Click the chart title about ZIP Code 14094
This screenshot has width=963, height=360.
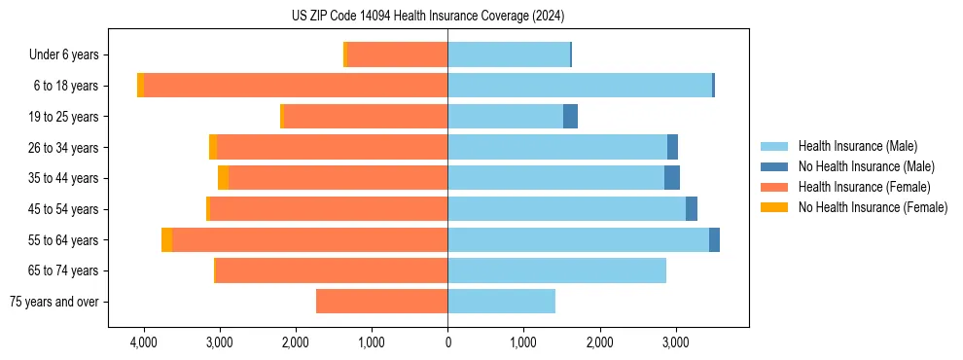pyautogui.click(x=427, y=16)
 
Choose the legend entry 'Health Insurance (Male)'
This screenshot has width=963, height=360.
pyautogui.click(x=857, y=146)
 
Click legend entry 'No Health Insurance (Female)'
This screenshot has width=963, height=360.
pyautogui.click(x=873, y=207)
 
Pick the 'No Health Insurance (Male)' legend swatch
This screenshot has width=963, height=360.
pyautogui.click(x=774, y=166)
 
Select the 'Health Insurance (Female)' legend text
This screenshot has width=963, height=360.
pyautogui.click(x=861, y=187)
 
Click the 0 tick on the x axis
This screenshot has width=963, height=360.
pyautogui.click(x=447, y=342)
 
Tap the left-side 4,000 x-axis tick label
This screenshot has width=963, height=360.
pyautogui.click(x=143, y=342)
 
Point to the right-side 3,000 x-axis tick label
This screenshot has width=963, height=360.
pyautogui.click(x=676, y=342)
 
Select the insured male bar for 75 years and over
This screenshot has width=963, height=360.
pyautogui.click(x=501, y=302)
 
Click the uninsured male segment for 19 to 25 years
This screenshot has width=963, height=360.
pyautogui.click(x=570, y=117)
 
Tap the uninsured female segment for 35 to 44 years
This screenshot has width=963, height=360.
pyautogui.click(x=223, y=178)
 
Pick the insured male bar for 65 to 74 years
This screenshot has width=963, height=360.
pyautogui.click(x=556, y=270)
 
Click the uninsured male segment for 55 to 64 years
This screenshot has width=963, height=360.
pyautogui.click(x=714, y=240)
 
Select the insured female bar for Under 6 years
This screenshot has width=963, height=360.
pyautogui.click(x=397, y=54)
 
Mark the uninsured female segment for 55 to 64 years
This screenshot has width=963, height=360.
pyautogui.click(x=166, y=240)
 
